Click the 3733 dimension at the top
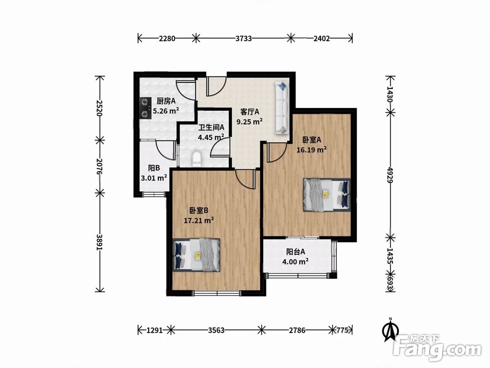pyautogui.click(x=244, y=38)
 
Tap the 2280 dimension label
pyautogui.click(x=167, y=38)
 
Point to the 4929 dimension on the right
pyautogui.click(x=390, y=175)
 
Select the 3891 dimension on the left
pyautogui.click(x=99, y=242)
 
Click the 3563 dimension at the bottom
pyautogui.click(x=216, y=330)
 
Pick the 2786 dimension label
pyautogui.click(x=297, y=330)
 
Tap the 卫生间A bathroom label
pyautogui.click(x=212, y=128)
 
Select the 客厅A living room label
pyautogui.click(x=250, y=112)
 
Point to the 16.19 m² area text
pyautogui.click(x=312, y=150)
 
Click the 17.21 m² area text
pyautogui.click(x=199, y=220)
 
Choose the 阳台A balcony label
pyautogui.click(x=295, y=252)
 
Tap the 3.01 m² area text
pyautogui.click(x=154, y=178)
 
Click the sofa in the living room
pyautogui.click(x=282, y=108)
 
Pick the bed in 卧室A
pyautogui.click(x=326, y=195)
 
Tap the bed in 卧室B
pyautogui.click(x=196, y=255)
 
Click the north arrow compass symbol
pyautogui.click(x=391, y=329)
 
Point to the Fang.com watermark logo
pyautogui.click(x=438, y=348)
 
